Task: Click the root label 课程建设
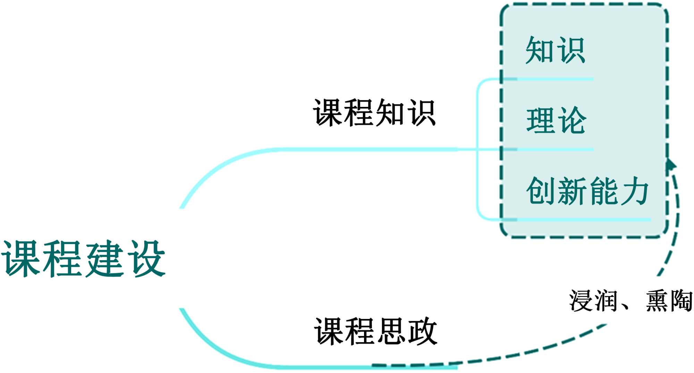83,258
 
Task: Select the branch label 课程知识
374,112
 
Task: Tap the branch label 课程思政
375,331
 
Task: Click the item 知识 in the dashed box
556,51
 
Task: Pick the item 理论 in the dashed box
556,121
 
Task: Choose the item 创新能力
587,191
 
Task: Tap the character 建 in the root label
104,258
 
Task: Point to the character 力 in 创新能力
634,191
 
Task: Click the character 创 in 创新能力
541,191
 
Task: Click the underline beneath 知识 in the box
555,79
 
